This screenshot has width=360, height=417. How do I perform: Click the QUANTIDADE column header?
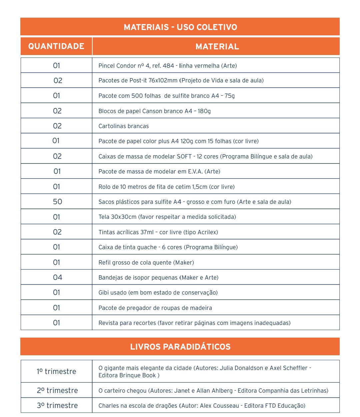pos(56,46)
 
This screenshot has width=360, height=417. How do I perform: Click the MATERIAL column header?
pos(217,47)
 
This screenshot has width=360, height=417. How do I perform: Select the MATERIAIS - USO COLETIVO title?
pos(180,27)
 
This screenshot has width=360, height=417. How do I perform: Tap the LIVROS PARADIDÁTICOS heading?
pos(180,347)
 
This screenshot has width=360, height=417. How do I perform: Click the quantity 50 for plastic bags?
pos(57,202)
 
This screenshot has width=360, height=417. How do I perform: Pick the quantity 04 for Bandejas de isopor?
pos(57,278)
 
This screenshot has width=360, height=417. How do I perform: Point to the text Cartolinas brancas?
pos(123,126)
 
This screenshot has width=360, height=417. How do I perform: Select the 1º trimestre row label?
pos(56,372)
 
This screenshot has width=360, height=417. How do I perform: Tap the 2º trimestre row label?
pos(57,391)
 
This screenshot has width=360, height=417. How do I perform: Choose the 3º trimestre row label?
pos(57,406)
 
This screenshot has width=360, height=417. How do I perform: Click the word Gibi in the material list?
pos(103,293)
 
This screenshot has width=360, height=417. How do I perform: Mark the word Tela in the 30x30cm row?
pos(104,217)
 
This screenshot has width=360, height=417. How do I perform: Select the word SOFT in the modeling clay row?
pos(184,156)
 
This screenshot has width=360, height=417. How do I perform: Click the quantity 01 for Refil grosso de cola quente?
pos(57,263)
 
